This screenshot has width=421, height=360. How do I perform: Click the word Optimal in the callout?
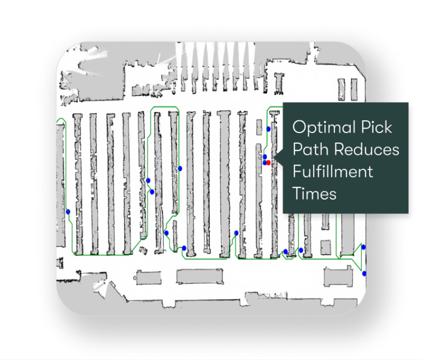[323, 127]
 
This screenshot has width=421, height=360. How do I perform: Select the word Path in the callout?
[311, 149]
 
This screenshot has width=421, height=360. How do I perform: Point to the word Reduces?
[367, 149]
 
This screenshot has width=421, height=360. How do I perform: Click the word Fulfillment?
[333, 171]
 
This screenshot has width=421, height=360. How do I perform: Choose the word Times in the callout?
[314, 193]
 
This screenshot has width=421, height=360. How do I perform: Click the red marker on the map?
[268, 163]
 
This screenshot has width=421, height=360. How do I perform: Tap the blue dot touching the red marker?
[265, 163]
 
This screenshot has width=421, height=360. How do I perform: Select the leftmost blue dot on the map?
[68, 212]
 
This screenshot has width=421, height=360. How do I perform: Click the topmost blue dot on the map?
[269, 129]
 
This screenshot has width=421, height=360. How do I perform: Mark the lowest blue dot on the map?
[364, 274]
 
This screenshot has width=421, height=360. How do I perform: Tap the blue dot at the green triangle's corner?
[363, 247]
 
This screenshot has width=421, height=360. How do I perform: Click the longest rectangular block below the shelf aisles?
[199, 276]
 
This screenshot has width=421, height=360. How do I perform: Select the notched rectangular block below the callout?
[338, 276]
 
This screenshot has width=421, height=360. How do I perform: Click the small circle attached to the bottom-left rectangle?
[135, 278]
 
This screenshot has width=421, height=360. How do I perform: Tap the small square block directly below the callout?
[326, 247]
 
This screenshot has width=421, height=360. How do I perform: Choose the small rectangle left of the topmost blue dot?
[259, 127]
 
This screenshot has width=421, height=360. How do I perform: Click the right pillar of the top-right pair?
[354, 90]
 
